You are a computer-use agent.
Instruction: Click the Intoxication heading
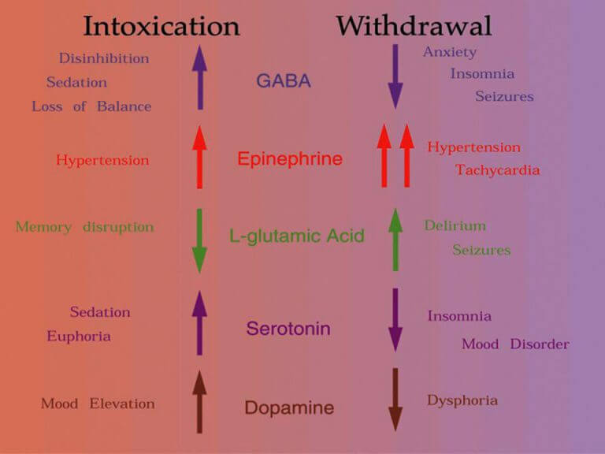point(161,27)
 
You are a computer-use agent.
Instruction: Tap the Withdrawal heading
point(414,27)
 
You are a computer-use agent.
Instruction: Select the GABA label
point(284,81)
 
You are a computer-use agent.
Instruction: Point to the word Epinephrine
point(290,159)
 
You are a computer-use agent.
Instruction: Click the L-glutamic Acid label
point(297,236)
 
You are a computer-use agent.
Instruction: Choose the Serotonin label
point(288,329)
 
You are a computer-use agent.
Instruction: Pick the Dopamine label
point(289,408)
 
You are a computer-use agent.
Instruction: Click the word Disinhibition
point(104,58)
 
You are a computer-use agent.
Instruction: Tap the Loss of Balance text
point(91,106)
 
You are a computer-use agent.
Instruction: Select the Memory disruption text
point(85,228)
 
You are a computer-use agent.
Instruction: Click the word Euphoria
point(79,337)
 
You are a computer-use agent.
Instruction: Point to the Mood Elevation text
point(98,404)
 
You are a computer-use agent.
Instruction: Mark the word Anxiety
point(450,53)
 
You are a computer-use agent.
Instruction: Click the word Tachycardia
point(497,170)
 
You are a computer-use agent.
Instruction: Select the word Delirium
point(455,226)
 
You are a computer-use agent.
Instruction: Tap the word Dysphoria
point(462,400)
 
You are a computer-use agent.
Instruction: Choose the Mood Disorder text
point(515,344)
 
